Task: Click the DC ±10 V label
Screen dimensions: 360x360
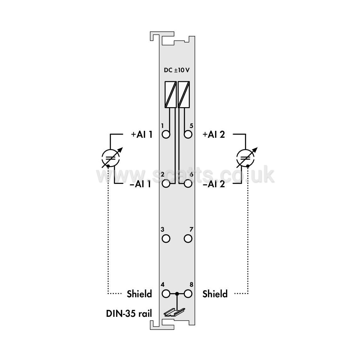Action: [x=177, y=70]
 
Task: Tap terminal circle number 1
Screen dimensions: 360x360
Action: [x=166, y=134]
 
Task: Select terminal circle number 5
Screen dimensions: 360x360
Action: [x=188, y=134]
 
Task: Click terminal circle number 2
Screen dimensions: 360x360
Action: [x=166, y=184]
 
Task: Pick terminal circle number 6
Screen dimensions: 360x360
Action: [x=188, y=184]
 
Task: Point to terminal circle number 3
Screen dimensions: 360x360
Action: [x=166, y=239]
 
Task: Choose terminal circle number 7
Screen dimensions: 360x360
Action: [x=188, y=239]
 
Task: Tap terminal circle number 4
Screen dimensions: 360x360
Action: [x=166, y=294]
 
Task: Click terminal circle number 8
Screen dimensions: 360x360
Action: [x=188, y=294]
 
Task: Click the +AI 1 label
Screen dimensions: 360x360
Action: [x=142, y=135]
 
